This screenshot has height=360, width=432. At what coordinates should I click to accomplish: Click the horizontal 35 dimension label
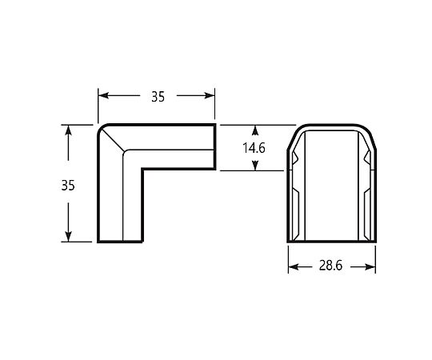coord(158,97)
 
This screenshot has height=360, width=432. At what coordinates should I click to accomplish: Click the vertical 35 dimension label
coord(68,186)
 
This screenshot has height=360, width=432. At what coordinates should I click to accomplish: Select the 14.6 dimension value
coord(254,148)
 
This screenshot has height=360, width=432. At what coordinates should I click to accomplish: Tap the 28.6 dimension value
coord(330,266)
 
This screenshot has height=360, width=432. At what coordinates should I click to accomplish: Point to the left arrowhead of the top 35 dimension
coord(103,95)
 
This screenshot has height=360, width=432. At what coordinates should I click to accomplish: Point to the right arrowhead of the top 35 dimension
coord(210,95)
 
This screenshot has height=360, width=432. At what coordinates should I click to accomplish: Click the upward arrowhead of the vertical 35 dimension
coord(68,130)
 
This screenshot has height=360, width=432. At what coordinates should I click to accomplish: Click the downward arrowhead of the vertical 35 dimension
coord(68,237)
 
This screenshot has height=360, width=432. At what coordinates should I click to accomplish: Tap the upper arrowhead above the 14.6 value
coord(255,130)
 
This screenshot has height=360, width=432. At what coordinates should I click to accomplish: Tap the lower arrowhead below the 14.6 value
coord(255,166)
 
